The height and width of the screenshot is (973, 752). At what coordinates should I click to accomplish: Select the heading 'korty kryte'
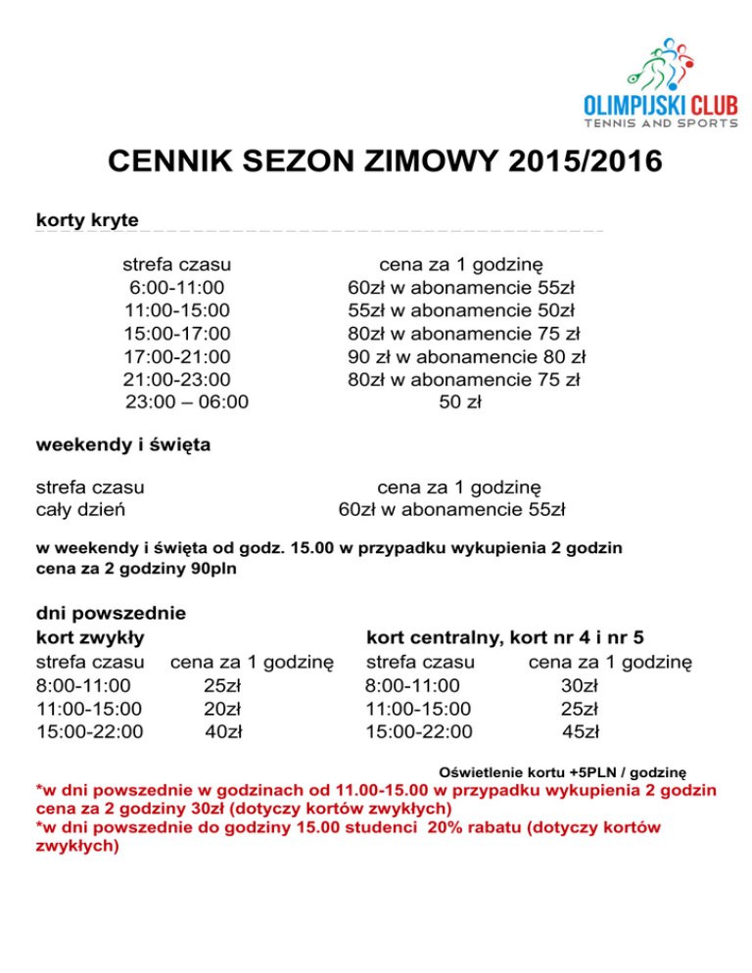(87, 218)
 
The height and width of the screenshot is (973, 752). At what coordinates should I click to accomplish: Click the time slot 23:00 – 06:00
(187, 401)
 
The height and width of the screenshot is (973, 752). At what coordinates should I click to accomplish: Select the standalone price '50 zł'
(459, 401)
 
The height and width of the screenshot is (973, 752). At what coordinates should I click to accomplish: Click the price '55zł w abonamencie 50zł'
(460, 310)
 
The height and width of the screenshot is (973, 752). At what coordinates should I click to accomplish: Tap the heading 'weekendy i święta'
(123, 445)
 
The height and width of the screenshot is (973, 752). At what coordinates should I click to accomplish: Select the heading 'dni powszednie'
(112, 615)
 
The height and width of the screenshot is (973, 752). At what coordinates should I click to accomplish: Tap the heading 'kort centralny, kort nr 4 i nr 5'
(504, 639)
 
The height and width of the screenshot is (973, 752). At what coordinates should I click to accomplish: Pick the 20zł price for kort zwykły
(223, 708)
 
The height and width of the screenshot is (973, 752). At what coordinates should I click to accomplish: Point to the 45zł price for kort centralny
(581, 731)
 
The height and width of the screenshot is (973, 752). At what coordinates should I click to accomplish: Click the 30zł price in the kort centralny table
(581, 685)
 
